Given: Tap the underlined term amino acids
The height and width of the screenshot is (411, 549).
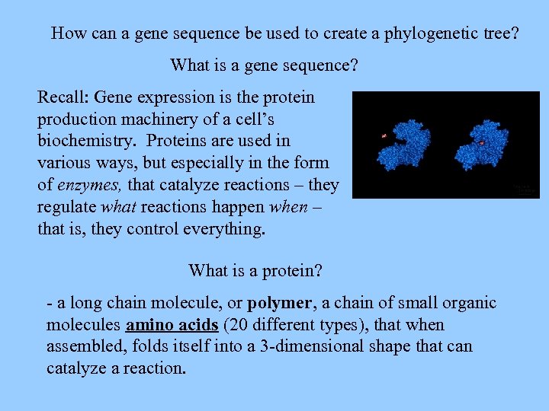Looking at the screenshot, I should pos(172,326).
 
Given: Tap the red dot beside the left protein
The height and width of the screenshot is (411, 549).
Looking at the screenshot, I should pos(384,135).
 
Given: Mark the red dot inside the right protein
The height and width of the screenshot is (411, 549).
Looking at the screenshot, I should pos(481,142).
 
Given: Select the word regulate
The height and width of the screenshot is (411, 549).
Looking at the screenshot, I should pos(69,207).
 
